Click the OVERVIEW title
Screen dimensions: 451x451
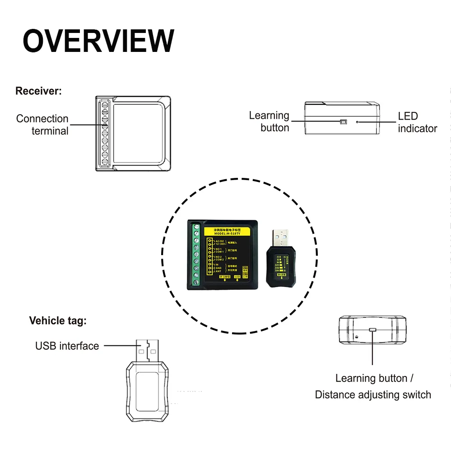pyautogui.click(x=98, y=41)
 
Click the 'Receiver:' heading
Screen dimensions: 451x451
pyautogui.click(x=38, y=91)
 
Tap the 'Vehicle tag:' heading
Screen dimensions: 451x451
pyautogui.click(x=57, y=321)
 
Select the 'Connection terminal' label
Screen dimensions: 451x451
pyautogui.click(x=42, y=125)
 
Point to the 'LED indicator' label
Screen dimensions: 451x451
pyautogui.click(x=417, y=122)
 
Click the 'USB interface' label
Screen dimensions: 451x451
pyautogui.click(x=67, y=346)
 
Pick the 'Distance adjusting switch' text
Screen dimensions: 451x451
pyautogui.click(x=373, y=395)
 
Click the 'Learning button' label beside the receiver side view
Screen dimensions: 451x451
pyautogui.click(x=270, y=122)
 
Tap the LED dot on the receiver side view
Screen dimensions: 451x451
pyautogui.click(x=358, y=122)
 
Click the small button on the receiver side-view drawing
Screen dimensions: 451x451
pyautogui.click(x=343, y=122)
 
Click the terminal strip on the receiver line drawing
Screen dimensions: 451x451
pyautogui.click(x=104, y=134)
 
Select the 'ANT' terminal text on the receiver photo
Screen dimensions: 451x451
pyautogui.click(x=218, y=271)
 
